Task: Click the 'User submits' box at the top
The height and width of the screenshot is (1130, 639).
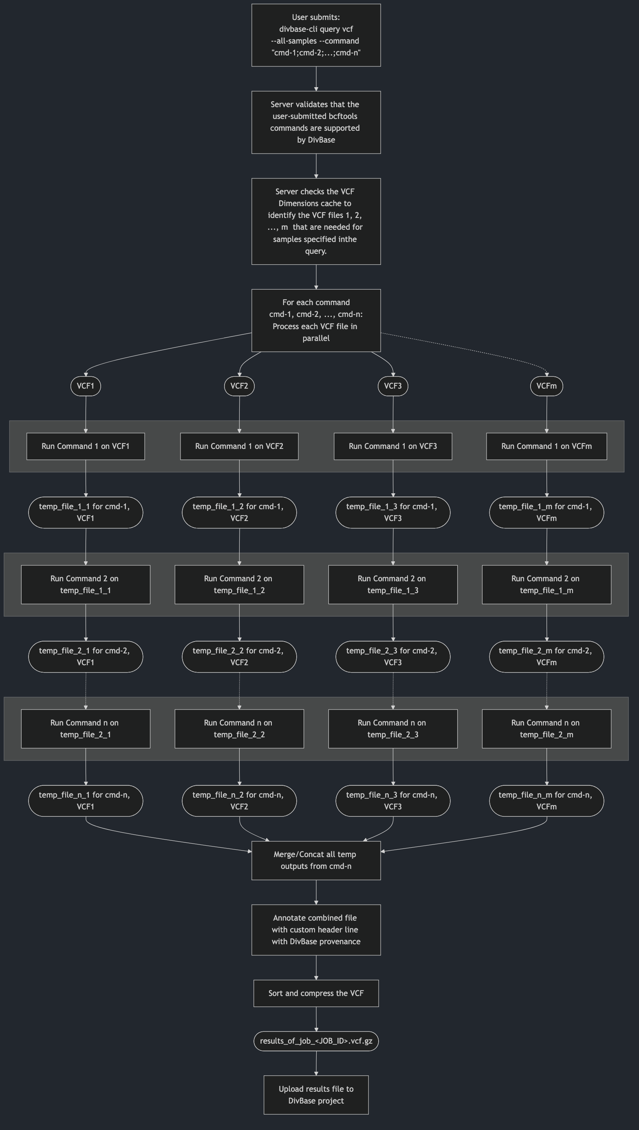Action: (x=316, y=35)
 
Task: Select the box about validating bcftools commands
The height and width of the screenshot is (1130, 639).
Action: (x=316, y=122)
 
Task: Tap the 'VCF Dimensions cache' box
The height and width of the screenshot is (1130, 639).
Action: (x=316, y=221)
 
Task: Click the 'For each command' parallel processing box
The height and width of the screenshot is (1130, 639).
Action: (x=316, y=320)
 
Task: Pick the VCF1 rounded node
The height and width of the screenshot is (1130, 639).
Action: (x=86, y=386)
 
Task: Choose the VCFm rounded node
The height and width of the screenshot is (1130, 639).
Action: (x=546, y=386)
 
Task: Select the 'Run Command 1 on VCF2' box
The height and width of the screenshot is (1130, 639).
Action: (x=239, y=446)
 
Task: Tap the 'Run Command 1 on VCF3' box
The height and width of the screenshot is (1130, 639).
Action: (x=393, y=446)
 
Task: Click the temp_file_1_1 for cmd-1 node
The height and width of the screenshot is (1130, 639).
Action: (x=86, y=512)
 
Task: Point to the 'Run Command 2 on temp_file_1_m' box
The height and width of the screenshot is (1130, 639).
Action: (x=546, y=584)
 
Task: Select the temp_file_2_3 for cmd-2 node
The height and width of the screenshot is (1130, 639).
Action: (x=393, y=657)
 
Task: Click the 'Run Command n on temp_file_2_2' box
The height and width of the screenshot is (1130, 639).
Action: (x=239, y=729)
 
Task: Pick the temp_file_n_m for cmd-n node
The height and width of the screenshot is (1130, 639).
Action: (x=546, y=800)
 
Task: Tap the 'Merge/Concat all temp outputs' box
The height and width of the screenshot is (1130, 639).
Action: (x=316, y=860)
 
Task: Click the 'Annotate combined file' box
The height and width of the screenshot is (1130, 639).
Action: (x=316, y=930)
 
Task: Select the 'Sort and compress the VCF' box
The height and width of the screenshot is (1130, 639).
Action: (x=316, y=993)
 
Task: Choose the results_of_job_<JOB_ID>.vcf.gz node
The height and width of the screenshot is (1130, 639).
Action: (x=316, y=1041)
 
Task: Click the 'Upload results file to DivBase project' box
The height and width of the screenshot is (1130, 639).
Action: (x=316, y=1095)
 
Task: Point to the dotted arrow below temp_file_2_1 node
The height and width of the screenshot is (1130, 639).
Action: (x=86, y=690)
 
